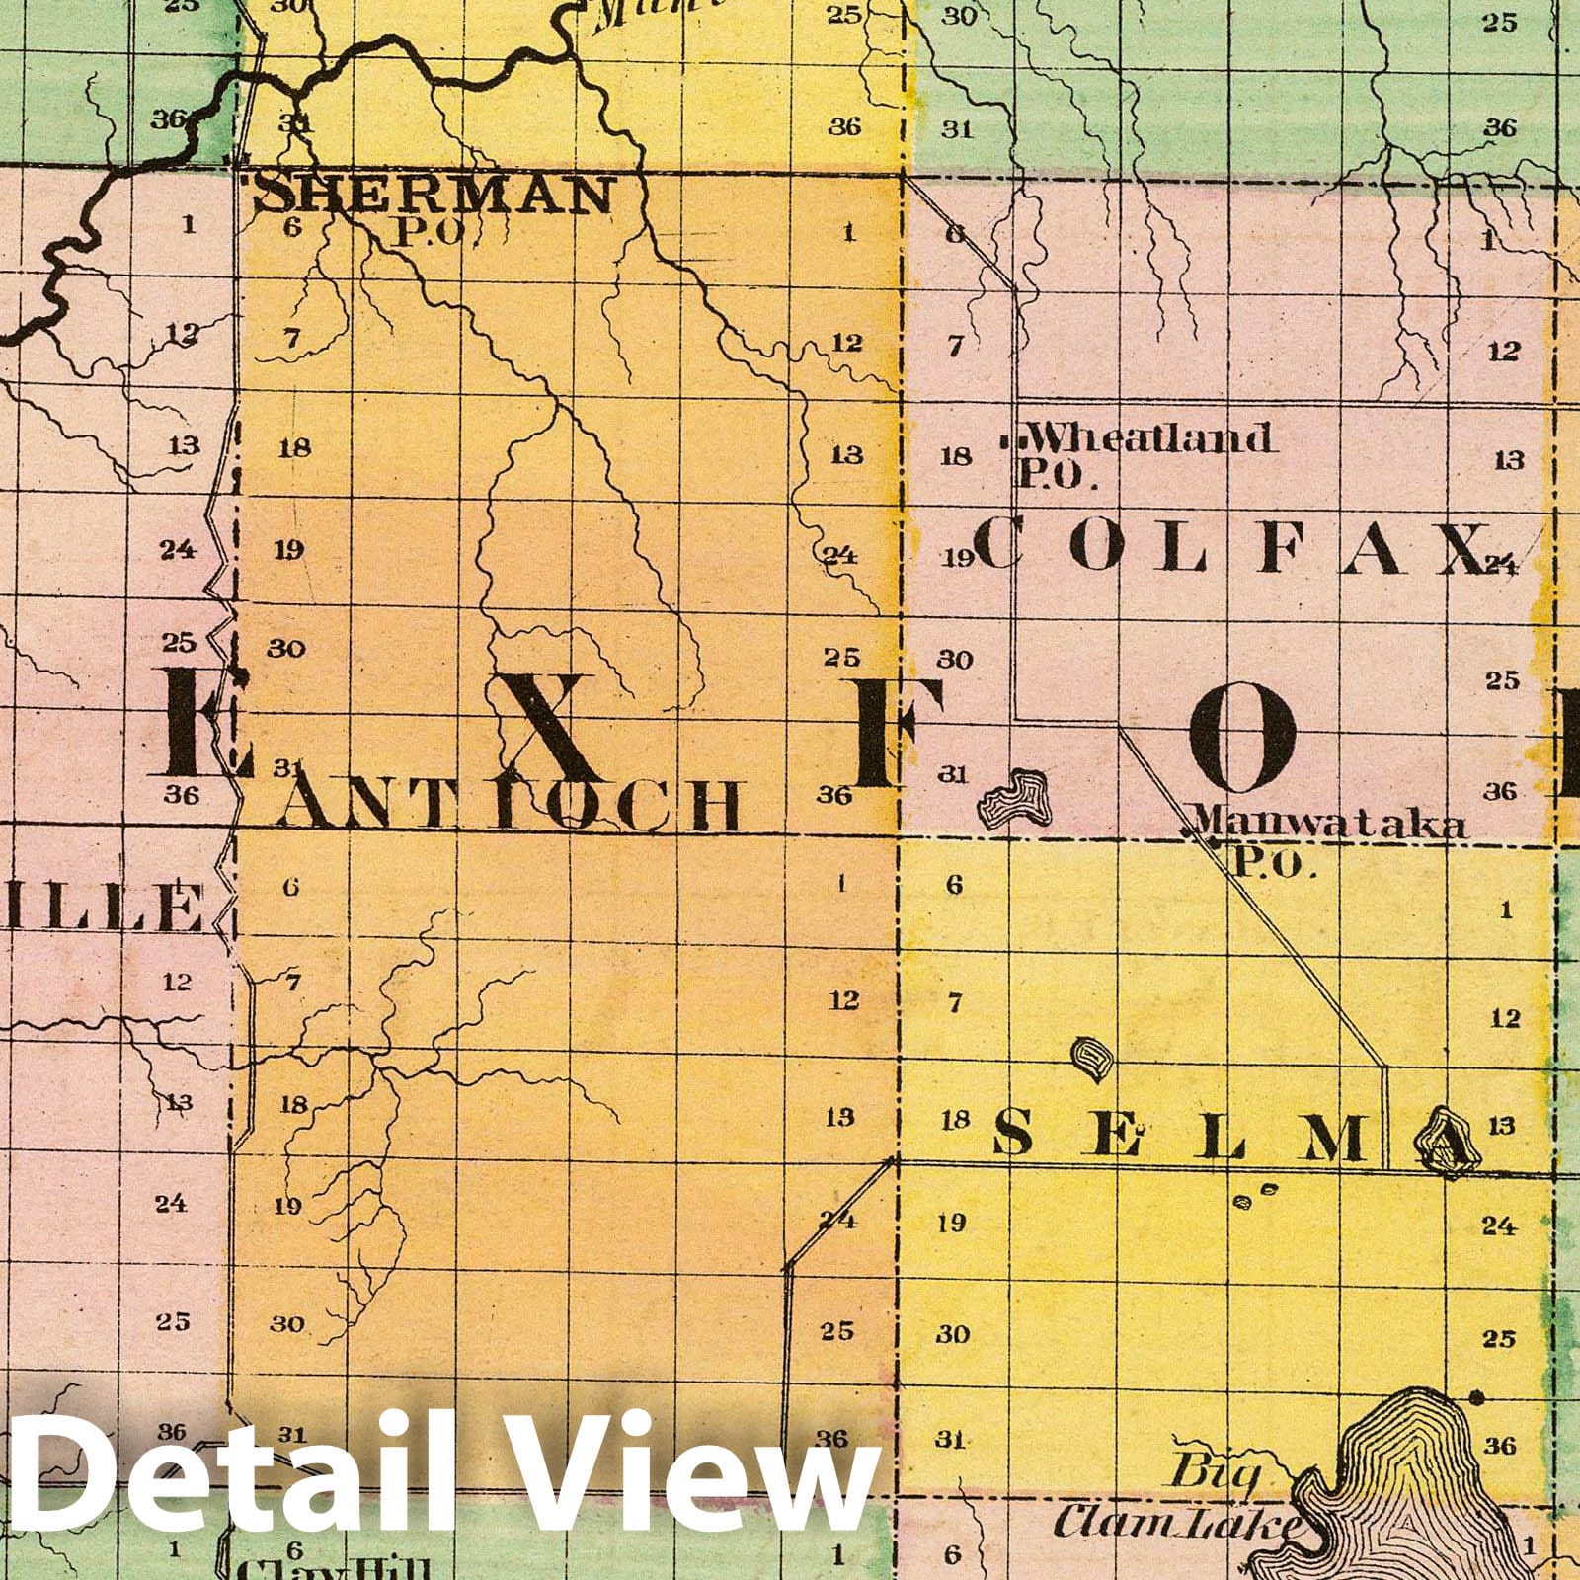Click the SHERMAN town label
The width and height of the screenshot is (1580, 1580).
coord(433,195)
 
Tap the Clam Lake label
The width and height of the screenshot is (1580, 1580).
coord(1175,1552)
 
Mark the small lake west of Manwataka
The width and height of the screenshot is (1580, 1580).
coord(1018,798)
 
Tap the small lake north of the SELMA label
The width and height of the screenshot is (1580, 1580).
coord(1091,1058)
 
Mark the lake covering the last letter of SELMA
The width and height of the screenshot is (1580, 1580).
coord(1447,1145)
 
